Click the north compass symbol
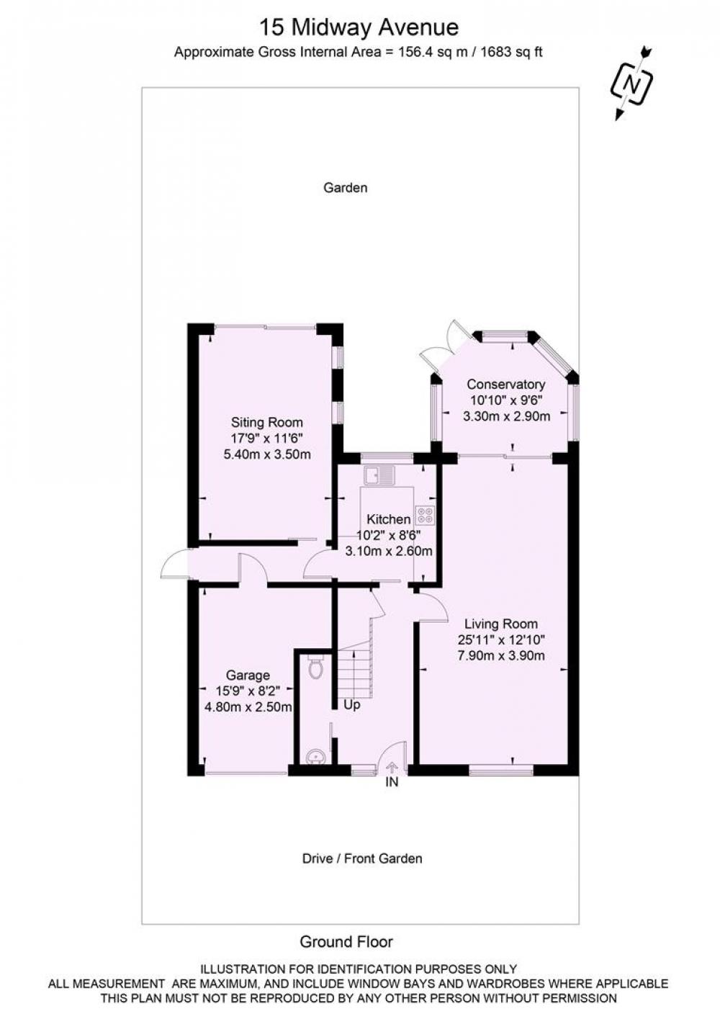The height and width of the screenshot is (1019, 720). click(631, 83)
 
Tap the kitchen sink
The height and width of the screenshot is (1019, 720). click(379, 476)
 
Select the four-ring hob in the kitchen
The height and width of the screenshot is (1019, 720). click(425, 516)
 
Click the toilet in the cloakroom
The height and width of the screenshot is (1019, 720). click(315, 667)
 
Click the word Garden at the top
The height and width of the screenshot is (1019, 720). click(345, 187)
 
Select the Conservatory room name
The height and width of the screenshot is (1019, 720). click(505, 384)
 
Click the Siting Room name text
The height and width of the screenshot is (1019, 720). click(267, 422)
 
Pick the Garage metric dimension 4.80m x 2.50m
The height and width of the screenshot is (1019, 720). click(248, 707)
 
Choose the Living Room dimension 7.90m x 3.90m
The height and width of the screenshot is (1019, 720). click(500, 655)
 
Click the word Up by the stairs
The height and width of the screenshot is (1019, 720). click(351, 704)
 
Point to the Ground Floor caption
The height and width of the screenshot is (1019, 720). click(346, 938)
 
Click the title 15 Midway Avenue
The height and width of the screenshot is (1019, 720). click(359, 27)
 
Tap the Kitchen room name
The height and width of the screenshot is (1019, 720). click(388, 519)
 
